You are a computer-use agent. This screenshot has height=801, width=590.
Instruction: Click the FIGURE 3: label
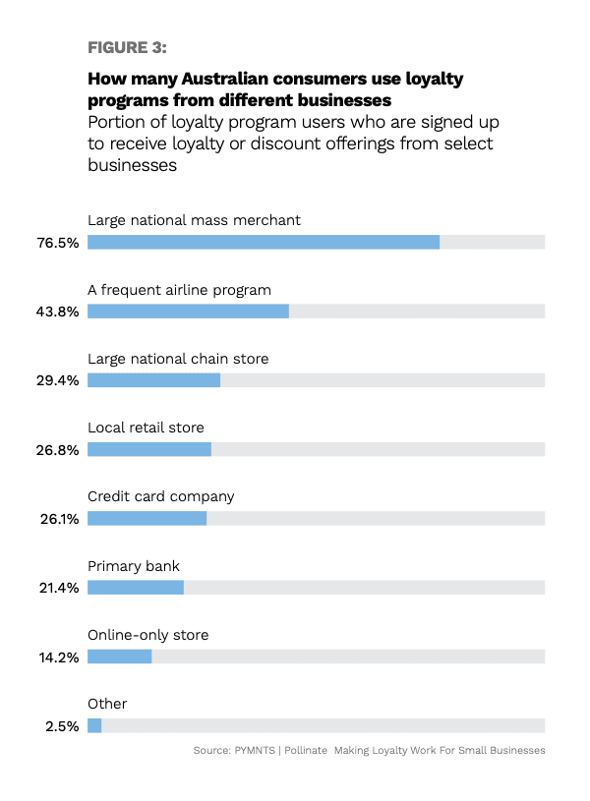128,47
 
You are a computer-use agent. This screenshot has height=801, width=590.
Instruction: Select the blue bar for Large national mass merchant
264,242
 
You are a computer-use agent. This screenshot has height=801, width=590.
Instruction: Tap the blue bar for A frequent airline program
188,312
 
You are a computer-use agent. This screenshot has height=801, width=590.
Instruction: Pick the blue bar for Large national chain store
153,380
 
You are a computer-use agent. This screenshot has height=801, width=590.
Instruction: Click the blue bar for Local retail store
149,449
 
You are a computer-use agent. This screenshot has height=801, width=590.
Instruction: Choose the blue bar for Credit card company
147,518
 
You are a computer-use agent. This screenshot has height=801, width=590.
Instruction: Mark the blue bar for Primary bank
136,587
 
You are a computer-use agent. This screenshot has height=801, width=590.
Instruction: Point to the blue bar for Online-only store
119,656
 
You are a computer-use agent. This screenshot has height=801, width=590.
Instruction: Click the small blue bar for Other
94,725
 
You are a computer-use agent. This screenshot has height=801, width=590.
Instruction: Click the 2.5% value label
64,725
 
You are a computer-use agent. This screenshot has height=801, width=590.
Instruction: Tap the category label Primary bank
134,566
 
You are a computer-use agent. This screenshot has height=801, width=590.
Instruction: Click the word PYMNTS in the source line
261,751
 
